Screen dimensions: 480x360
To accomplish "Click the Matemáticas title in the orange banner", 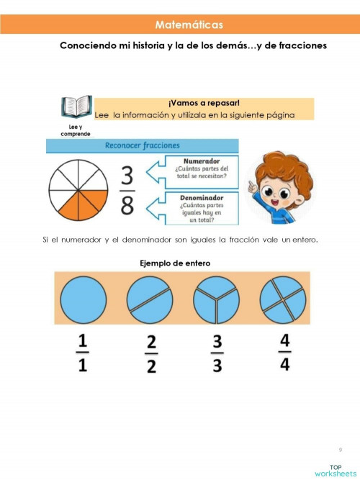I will [x=189, y=24].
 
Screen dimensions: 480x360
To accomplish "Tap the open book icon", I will [x=76, y=107].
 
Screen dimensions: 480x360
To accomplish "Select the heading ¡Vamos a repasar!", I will [x=204, y=103].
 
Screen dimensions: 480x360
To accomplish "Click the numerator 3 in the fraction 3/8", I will [x=127, y=176].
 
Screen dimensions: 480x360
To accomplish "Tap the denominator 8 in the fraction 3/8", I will [x=127, y=206].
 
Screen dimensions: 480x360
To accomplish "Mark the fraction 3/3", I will [x=218, y=353].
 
